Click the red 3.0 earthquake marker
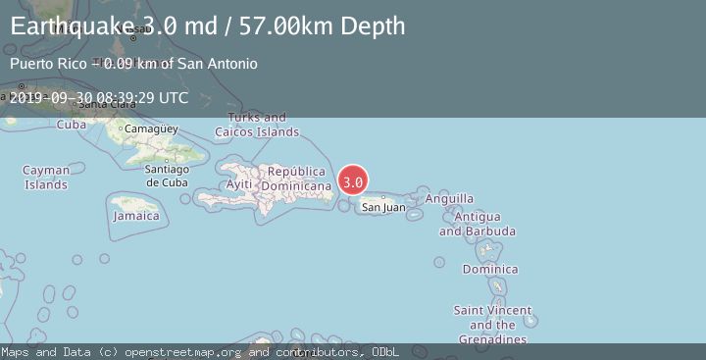(x=353, y=181)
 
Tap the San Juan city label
(x=382, y=207)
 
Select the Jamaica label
(x=135, y=216)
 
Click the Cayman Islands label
(x=46, y=178)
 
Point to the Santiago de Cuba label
(x=166, y=176)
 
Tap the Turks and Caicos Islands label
(x=258, y=125)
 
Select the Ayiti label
(x=239, y=184)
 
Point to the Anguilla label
(x=449, y=198)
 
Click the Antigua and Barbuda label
(x=478, y=224)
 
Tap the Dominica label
(x=490, y=269)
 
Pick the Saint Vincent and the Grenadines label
(x=493, y=325)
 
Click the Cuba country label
(x=72, y=125)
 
